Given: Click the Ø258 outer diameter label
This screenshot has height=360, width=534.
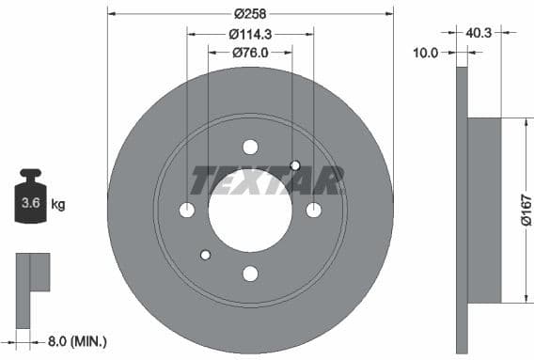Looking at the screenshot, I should coord(249,14).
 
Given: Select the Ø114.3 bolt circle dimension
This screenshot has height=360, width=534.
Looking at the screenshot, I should coord(249,34).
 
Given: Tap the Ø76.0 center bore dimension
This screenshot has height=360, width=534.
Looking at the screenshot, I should coord(249,52).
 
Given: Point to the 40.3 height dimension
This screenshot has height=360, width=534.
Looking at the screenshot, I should coord(479,32).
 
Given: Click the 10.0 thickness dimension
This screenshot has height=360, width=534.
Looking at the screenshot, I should coord(426,53).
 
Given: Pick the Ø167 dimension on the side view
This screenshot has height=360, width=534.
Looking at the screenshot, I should coord(526,211).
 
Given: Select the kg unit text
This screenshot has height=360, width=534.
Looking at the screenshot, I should coord(58,203).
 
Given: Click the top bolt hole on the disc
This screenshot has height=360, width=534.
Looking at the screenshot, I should coord(250,147).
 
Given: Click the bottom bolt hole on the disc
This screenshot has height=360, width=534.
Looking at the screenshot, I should coord(250,274).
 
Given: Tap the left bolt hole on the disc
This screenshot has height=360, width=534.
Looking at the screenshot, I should coord(187,210).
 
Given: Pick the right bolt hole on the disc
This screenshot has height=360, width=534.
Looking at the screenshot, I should coord(314,210).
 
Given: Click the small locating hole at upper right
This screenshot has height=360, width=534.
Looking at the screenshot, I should coord(295,165).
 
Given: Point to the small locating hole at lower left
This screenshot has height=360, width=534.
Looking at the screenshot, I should coord(206,254).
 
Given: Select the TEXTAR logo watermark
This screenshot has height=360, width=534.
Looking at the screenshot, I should coord(267,180).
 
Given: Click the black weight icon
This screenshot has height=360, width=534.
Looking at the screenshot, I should coord(31,196).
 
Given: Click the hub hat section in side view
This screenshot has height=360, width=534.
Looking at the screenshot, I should coord(484,211).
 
